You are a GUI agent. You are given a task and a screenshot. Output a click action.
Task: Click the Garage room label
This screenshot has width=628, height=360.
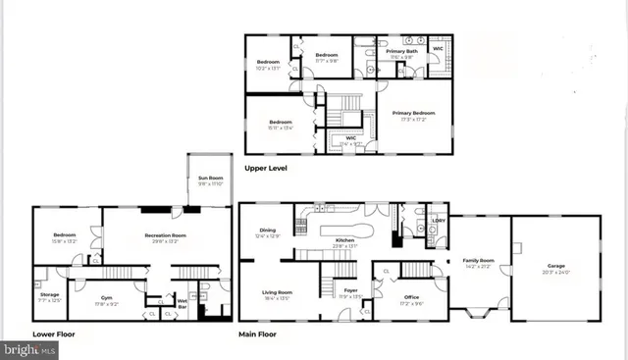555,266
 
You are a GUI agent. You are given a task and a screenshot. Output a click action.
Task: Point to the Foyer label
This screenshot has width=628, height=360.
350,290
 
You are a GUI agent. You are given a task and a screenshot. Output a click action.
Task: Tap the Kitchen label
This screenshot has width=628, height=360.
345,240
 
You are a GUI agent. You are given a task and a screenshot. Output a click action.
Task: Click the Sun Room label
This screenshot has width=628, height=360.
209,179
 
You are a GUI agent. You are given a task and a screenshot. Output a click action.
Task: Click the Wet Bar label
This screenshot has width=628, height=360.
183,303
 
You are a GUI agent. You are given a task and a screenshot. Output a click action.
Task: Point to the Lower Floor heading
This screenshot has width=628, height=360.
53,334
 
